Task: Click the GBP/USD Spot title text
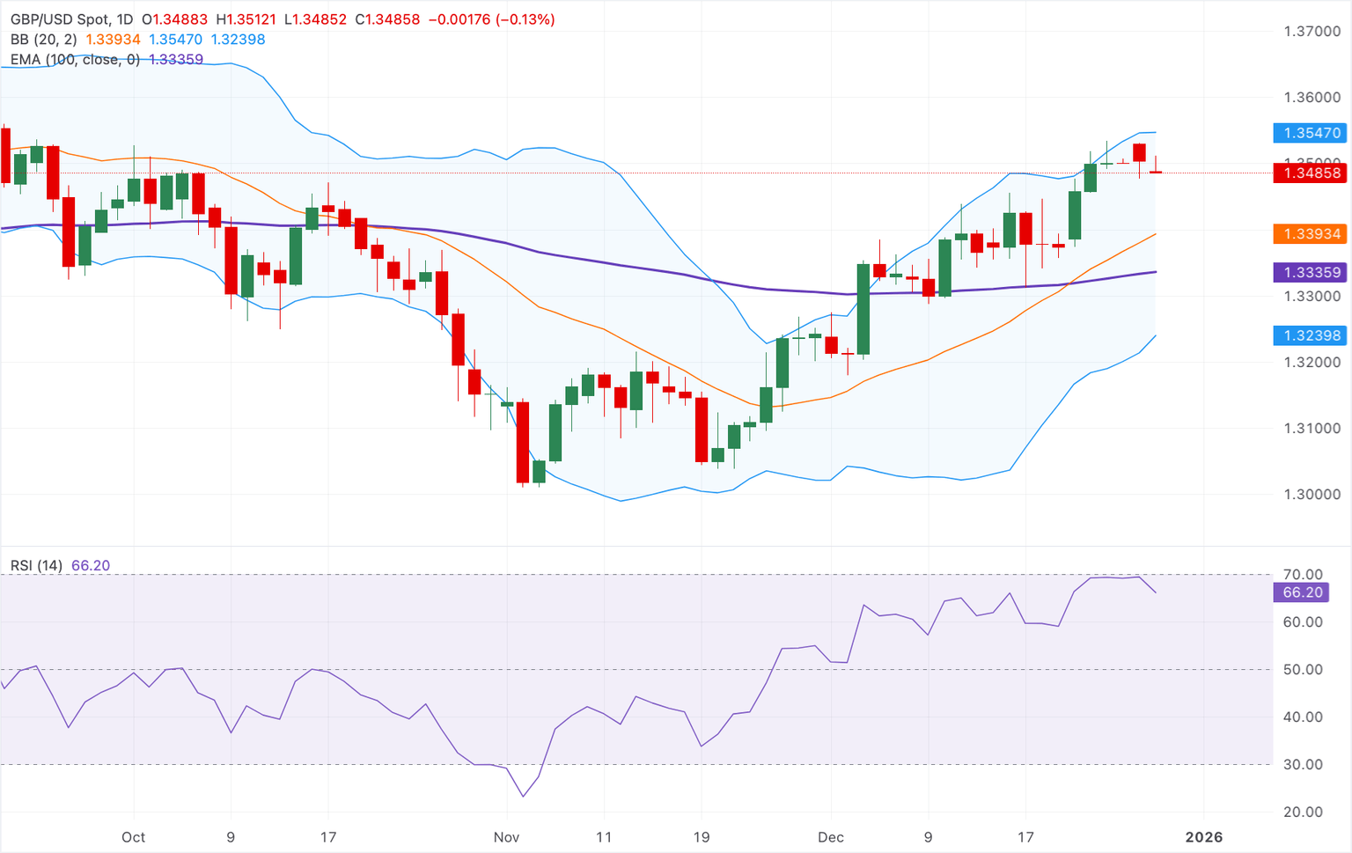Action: [60, 19]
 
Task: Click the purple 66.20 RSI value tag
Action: [1302, 592]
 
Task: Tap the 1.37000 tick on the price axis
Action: [1312, 32]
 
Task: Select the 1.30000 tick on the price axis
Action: [1312, 495]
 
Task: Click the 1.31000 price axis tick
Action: [1312, 429]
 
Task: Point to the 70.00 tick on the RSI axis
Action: [1303, 575]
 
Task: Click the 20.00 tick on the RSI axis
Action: [1303, 813]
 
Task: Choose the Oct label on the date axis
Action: [134, 837]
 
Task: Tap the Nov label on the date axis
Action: [506, 837]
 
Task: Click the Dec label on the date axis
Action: [830, 837]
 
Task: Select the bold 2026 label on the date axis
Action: [1203, 837]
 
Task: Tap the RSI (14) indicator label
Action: [36, 566]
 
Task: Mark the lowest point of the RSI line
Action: [524, 797]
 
